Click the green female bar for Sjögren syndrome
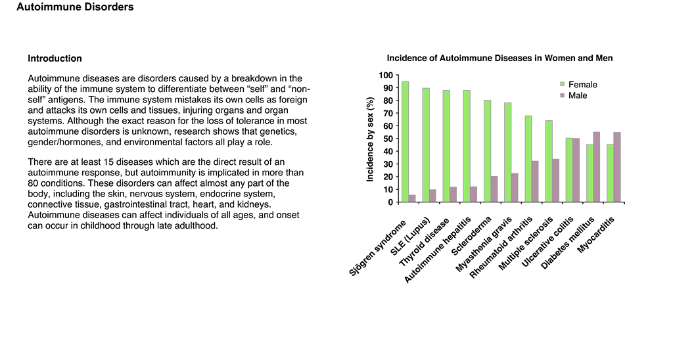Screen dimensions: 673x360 [405, 142]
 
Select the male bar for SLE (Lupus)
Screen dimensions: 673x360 [432, 196]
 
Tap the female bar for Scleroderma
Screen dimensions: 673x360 [488, 151]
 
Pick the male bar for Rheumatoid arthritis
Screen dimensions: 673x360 [535, 181]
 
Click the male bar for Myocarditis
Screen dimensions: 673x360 [617, 168]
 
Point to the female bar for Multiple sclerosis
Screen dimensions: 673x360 [549, 162]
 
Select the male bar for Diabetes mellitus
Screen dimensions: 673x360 [597, 167]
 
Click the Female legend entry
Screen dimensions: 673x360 [578, 85]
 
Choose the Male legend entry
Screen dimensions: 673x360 [573, 96]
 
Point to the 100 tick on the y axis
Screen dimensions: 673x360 [386, 76]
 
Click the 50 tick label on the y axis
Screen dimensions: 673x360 [388, 139]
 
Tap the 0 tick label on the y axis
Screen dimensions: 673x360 [390, 202]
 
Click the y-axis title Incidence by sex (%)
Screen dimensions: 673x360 [370, 139]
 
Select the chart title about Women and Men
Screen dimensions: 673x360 [499, 58]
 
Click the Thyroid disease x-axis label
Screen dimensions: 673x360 [425, 242]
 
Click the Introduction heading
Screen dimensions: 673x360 [55, 58]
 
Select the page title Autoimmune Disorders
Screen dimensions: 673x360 [75, 7]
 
